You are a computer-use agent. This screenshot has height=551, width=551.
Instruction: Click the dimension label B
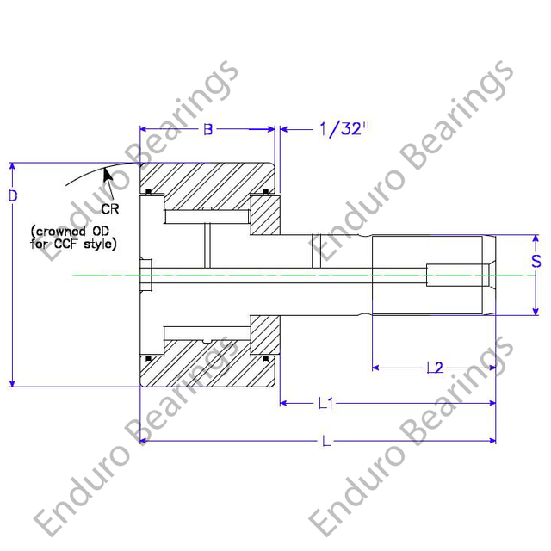(207, 130)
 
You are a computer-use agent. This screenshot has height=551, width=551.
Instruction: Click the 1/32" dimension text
(344, 130)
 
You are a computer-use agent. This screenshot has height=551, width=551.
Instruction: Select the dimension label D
(13, 196)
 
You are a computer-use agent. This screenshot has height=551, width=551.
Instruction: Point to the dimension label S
(536, 261)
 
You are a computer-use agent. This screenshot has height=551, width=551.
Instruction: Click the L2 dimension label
(435, 368)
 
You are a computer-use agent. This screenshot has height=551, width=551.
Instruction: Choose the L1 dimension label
(325, 402)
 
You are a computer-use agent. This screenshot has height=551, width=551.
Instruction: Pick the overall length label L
(325, 441)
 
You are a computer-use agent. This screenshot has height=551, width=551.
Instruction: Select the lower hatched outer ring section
(207, 366)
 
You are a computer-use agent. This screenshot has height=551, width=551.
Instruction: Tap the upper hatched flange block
(263, 214)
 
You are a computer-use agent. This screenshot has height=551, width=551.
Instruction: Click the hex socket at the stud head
(145, 275)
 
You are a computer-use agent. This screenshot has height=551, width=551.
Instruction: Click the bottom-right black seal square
(266, 358)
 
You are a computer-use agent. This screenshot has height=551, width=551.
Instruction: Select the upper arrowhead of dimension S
(536, 239)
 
